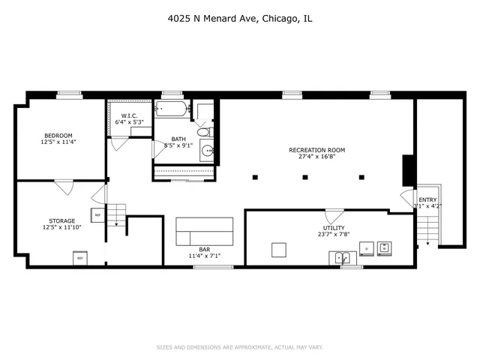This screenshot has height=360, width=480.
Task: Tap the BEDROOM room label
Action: (58, 134)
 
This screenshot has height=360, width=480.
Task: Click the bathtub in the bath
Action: (172, 109)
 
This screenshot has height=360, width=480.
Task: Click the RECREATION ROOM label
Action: (316, 150)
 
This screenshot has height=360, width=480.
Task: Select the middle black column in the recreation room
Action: (305, 178)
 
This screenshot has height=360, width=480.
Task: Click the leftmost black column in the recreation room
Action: (255, 178)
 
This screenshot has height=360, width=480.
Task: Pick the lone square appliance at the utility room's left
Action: (280, 250)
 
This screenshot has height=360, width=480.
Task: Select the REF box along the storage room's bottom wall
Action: (79, 259)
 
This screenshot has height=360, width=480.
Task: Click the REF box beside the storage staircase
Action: (97, 216)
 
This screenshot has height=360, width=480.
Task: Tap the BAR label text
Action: (204, 250)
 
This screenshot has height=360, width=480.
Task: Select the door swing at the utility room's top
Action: (334, 215)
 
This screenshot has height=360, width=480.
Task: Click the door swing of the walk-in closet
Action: (116, 142)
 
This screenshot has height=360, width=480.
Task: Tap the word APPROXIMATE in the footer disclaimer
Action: (246, 347)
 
